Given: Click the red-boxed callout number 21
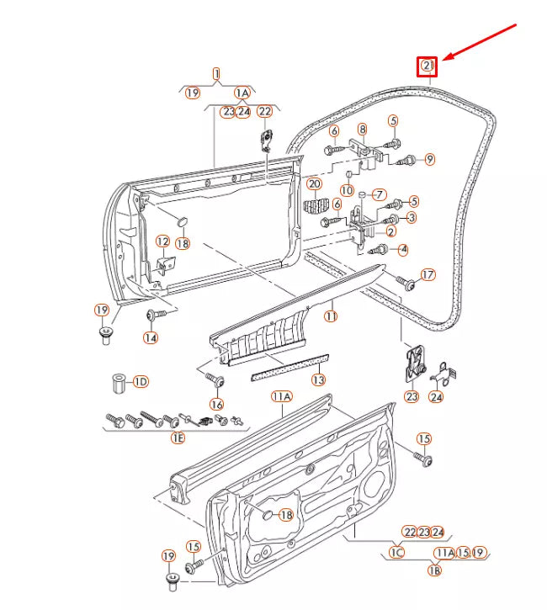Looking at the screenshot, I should [x=428, y=66].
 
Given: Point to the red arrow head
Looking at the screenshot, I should [x=447, y=59].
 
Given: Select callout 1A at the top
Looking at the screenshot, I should [x=242, y=93].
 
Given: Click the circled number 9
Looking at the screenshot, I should [x=429, y=159].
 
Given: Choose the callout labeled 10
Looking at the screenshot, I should [x=347, y=191].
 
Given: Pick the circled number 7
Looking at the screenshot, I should [x=379, y=194].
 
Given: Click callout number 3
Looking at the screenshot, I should [x=411, y=218].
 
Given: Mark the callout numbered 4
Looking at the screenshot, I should [x=403, y=249].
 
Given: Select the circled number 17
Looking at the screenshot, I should [x=428, y=274].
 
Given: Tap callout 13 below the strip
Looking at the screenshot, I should [x=317, y=380].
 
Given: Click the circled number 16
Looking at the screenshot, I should [x=217, y=405].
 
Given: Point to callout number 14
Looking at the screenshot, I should [x=150, y=337].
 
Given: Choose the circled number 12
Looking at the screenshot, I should [x=162, y=242].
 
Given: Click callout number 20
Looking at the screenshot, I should [x=313, y=184].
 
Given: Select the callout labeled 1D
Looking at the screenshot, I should [x=140, y=382].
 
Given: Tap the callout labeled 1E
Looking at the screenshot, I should [x=178, y=438].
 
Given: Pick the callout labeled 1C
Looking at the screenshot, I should [x=396, y=553].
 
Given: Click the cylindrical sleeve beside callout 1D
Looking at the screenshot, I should [x=119, y=383].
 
